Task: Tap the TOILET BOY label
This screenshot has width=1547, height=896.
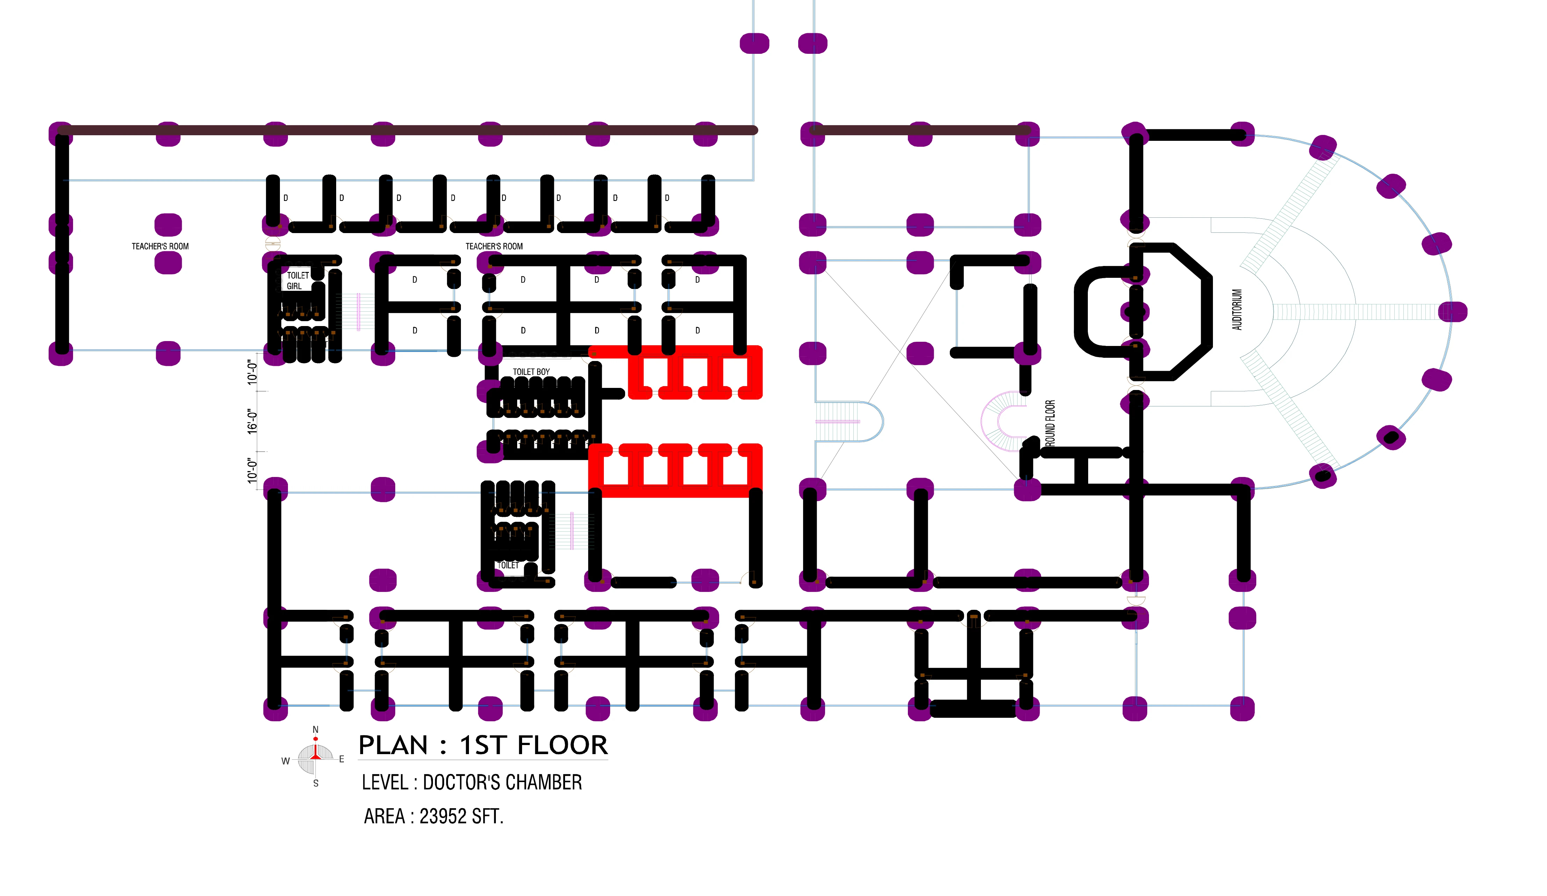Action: tap(531, 372)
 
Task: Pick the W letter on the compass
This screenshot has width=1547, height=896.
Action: tap(285, 761)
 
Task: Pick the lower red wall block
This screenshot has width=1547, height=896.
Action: tap(675, 471)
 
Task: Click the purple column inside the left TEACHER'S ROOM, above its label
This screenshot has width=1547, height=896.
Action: tap(168, 225)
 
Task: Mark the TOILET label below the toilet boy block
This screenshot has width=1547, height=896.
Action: tap(508, 565)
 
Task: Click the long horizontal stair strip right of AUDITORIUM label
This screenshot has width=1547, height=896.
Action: tap(1357, 312)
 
